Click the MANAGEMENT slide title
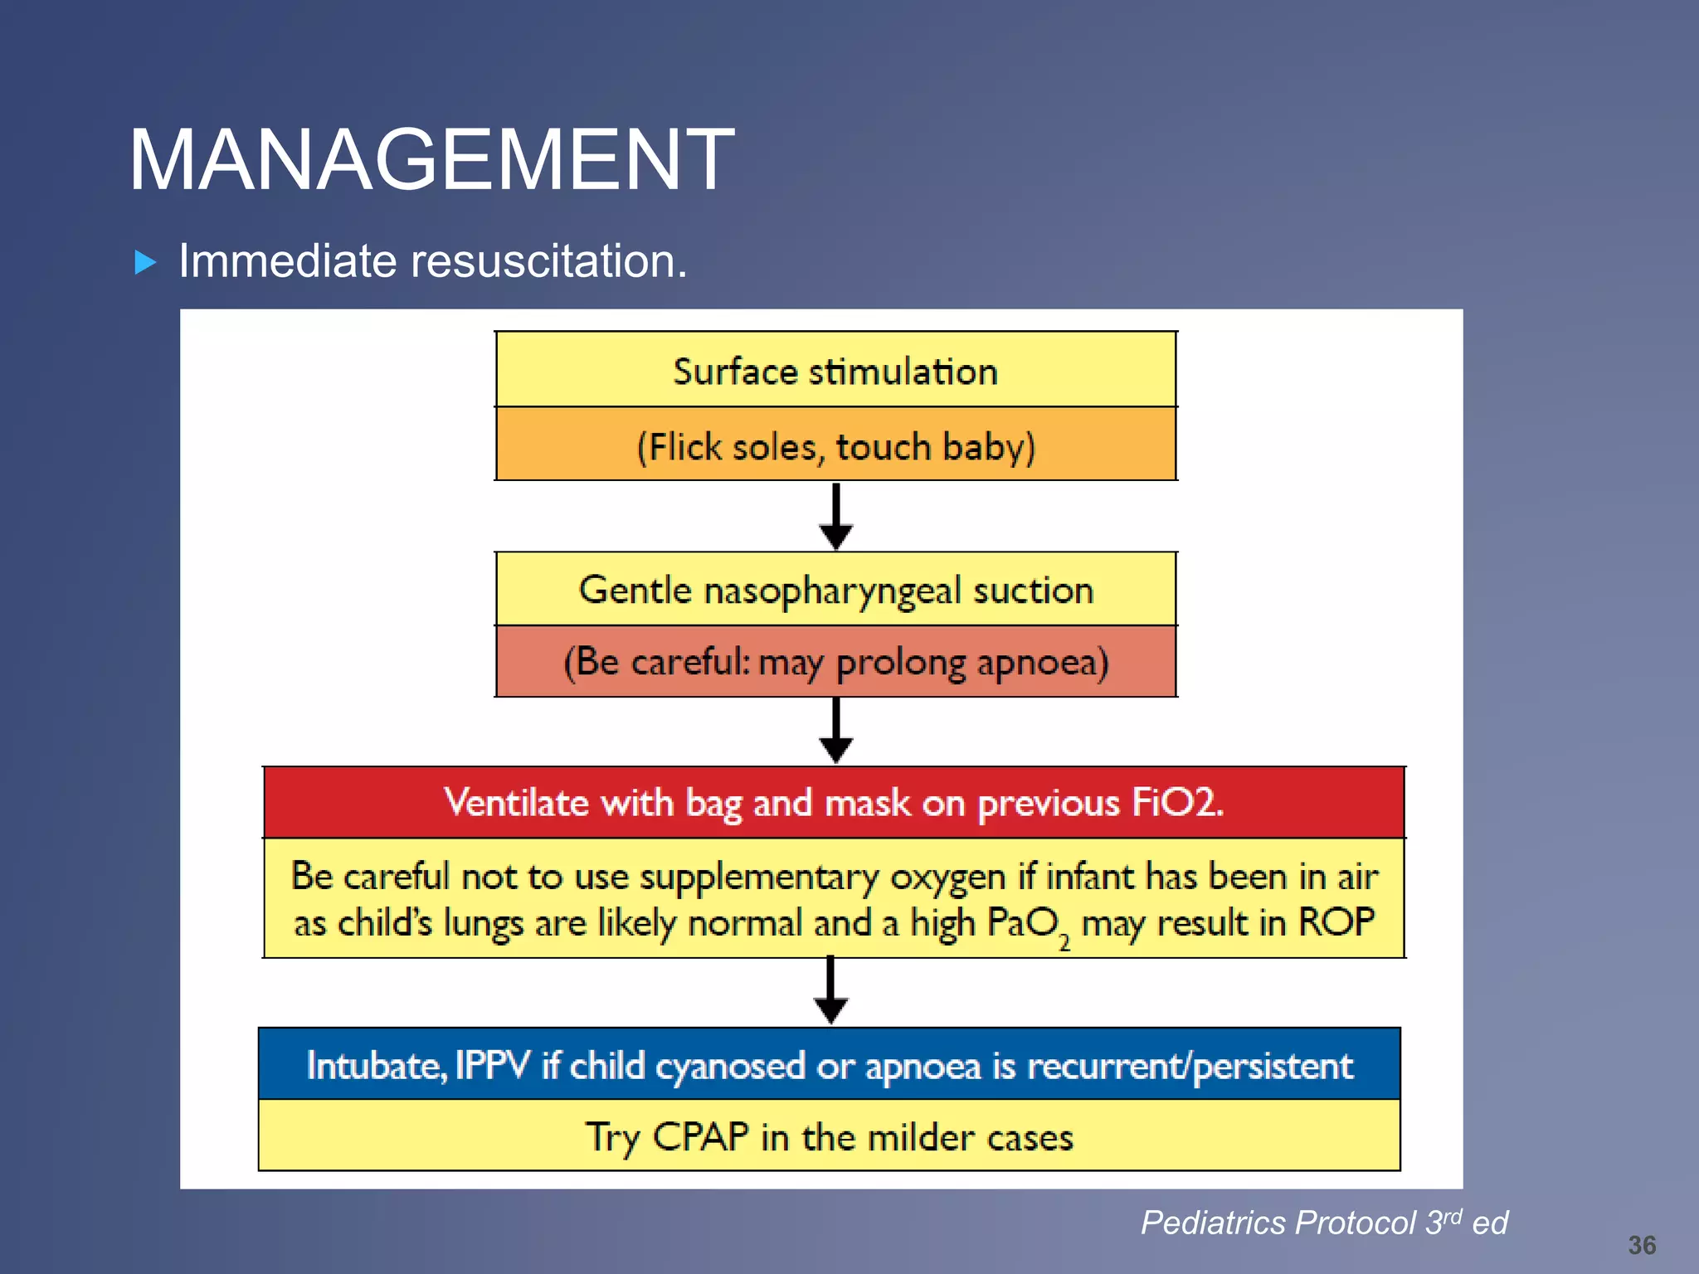tap(431, 159)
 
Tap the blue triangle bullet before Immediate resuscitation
tap(145, 263)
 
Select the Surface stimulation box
tap(835, 371)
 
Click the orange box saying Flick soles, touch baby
tap(835, 446)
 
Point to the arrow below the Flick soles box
tap(835, 517)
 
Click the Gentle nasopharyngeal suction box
tap(835, 590)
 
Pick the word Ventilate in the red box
tap(516, 802)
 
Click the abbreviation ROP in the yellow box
tap(1336, 922)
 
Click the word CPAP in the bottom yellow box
tap(700, 1136)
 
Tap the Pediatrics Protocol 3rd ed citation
tap(1324, 1223)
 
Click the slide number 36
tap(1641, 1245)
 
